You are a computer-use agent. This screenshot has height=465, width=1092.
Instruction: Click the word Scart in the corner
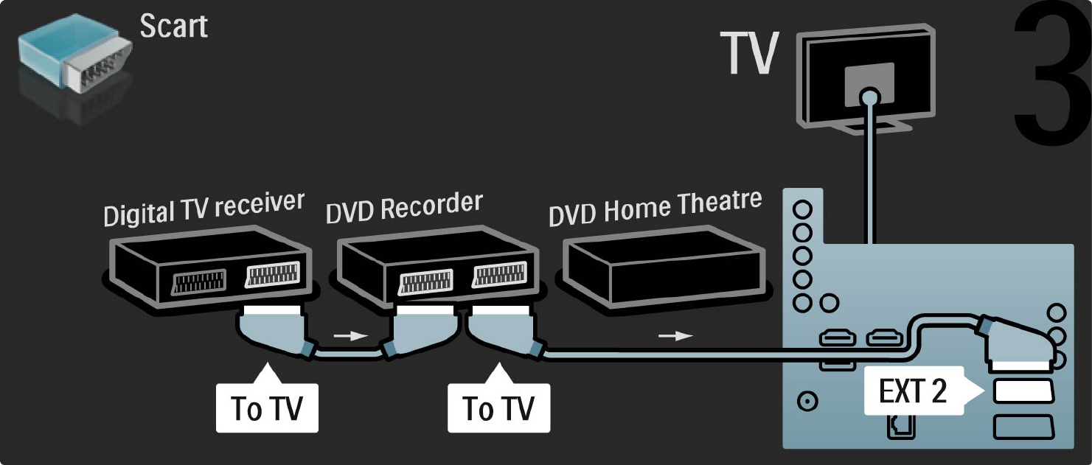(x=174, y=26)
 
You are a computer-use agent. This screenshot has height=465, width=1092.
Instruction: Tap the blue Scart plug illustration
(x=75, y=52)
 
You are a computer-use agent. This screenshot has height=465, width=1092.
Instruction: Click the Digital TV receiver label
(x=204, y=209)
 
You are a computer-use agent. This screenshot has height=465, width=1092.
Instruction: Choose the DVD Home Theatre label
(x=655, y=208)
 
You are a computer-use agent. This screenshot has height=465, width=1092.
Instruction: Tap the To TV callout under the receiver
(x=267, y=402)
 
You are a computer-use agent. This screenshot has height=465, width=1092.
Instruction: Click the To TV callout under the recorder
(x=498, y=402)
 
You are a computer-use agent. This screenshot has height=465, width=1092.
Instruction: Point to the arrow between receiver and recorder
(x=350, y=336)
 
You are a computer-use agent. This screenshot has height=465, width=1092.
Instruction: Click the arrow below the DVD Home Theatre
(x=675, y=336)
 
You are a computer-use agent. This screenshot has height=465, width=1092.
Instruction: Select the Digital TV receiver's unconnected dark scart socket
(x=199, y=282)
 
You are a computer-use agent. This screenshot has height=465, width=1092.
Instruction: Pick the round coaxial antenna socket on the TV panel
(x=807, y=402)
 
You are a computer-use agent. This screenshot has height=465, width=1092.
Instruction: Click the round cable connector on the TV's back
(x=869, y=98)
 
